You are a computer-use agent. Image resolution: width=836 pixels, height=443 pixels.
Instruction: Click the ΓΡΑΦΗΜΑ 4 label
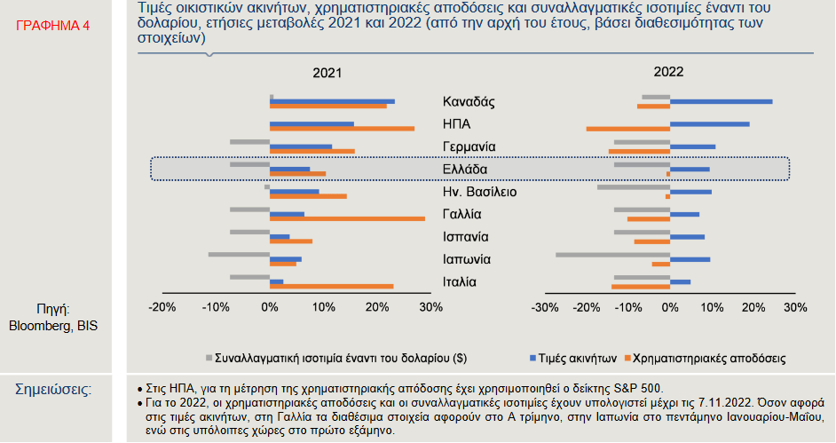tap(53, 26)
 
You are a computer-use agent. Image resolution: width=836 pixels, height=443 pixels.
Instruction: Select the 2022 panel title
tap(669, 73)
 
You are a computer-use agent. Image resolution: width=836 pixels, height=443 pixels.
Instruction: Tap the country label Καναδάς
tap(469, 101)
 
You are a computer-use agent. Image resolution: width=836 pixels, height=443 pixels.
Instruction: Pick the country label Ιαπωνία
tap(467, 259)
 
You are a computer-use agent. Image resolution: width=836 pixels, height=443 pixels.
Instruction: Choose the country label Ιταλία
tap(461, 282)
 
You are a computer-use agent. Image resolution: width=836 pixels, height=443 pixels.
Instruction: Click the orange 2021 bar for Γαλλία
tap(347, 218)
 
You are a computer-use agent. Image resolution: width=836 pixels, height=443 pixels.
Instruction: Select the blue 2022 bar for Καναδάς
tap(721, 101)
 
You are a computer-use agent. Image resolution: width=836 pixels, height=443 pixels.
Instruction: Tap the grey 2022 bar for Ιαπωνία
tap(612, 254)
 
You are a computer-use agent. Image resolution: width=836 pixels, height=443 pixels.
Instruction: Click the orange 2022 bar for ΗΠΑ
tap(627, 129)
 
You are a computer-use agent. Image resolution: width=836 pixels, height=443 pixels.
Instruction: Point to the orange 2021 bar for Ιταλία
tap(331, 286)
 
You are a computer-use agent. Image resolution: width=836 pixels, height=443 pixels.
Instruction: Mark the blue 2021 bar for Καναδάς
tap(332, 101)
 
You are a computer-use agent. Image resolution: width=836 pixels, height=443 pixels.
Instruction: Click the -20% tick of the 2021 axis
tap(162, 307)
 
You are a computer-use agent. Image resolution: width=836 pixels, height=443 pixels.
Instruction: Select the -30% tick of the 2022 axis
tap(544, 307)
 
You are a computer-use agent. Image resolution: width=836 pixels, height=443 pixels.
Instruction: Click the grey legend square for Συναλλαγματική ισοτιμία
tap(209, 358)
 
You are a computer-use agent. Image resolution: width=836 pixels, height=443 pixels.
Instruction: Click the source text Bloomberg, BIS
tap(53, 325)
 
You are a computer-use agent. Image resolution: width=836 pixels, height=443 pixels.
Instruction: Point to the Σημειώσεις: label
tap(53, 389)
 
